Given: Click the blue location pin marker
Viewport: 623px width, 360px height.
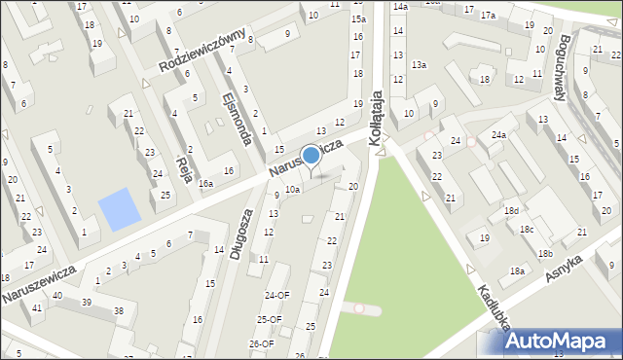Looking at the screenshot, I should point(311,156).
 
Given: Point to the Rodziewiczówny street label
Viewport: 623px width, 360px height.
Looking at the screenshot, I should point(202,53).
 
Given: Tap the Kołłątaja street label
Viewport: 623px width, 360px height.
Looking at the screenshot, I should point(379,126).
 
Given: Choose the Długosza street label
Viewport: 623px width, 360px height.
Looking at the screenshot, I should point(240,234).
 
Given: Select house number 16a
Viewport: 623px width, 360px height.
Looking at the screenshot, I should point(205,183).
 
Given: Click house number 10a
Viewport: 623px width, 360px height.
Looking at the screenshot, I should point(292,189).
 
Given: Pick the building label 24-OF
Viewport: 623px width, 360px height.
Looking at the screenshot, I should point(276,295).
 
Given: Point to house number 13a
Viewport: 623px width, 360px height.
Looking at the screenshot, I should point(419,64).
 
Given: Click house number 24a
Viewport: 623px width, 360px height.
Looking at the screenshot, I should point(498,134).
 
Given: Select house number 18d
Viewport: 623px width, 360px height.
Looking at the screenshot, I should point(511,210).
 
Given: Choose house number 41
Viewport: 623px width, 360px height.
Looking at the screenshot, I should point(36,307).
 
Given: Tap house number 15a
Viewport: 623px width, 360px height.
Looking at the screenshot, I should point(358,18).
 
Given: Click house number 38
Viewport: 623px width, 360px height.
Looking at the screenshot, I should point(119,310).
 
